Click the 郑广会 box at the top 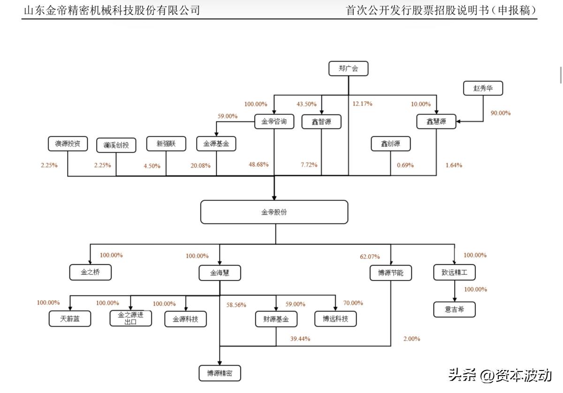coord(348,69)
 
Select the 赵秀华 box coord(483,88)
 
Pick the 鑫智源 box coord(321,122)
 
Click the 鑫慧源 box coord(437,122)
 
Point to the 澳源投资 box coord(68,144)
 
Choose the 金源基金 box coord(216,144)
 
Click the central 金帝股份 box coord(274,212)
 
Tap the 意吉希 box coord(454,310)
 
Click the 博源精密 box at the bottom coord(220,374)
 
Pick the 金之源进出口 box coord(130,318)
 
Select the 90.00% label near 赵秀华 coord(500,113)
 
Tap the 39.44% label coord(300,339)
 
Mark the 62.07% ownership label coord(370,257)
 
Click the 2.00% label coord(411,339)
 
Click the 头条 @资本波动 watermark coord(500,375)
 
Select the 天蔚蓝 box coord(70,319)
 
